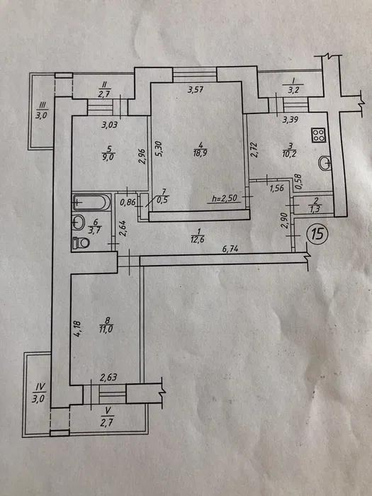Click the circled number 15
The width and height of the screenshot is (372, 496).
click(x=317, y=234)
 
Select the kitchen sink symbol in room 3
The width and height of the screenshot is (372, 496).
click(x=325, y=164)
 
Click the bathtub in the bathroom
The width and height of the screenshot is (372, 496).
click(x=91, y=202)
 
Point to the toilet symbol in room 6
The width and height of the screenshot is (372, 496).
click(x=81, y=243)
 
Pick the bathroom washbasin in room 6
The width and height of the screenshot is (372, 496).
click(x=79, y=222)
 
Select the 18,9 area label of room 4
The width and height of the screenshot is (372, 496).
click(x=201, y=153)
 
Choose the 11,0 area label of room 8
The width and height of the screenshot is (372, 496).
click(x=107, y=329)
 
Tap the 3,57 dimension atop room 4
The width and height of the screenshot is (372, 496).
click(x=195, y=90)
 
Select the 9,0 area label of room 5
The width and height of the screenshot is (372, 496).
click(x=109, y=157)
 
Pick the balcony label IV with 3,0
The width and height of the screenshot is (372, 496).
click(x=38, y=393)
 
